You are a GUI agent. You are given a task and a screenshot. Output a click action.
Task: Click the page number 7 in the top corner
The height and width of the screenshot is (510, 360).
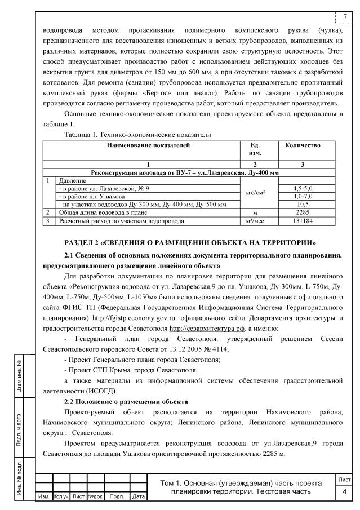click(x=345, y=16)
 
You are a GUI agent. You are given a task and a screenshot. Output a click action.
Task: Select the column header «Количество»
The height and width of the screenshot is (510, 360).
click(x=303, y=145)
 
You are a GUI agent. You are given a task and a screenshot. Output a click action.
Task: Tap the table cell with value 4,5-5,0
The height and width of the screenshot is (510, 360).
click(x=303, y=188)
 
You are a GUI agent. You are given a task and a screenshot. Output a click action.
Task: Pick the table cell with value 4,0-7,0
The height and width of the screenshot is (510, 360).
click(x=303, y=196)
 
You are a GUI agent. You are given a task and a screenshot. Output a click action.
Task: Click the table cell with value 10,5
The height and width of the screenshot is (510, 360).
click(x=303, y=204)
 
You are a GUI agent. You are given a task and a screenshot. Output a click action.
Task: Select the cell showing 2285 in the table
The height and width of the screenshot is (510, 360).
click(x=303, y=212)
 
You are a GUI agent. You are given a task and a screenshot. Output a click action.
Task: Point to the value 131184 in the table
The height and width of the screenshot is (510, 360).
click(x=303, y=221)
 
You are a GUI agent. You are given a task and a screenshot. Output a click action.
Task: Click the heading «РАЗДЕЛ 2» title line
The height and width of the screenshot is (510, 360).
click(x=190, y=242)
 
